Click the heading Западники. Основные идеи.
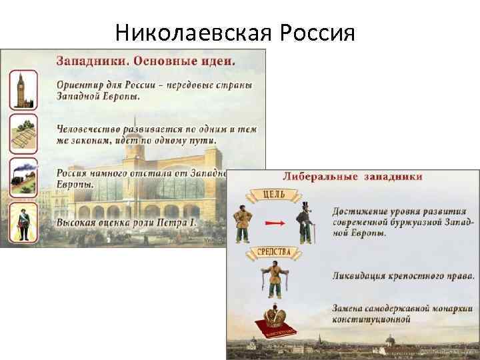point(145,61)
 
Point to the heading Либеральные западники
point(353,177)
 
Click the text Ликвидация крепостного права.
point(404,275)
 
